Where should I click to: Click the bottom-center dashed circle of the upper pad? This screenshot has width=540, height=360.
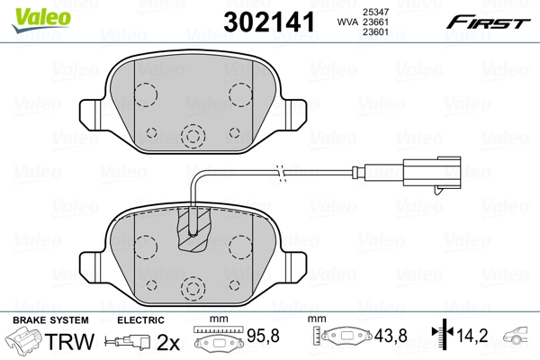tap(191, 135)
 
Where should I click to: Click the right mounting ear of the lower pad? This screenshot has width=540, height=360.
tap(298, 265)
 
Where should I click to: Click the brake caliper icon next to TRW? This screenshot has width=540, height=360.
tap(24, 342)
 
